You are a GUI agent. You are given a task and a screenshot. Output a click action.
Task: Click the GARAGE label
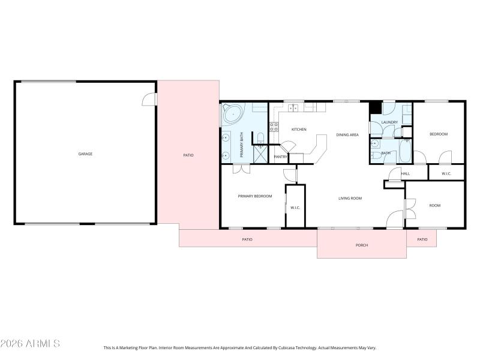click(85, 154)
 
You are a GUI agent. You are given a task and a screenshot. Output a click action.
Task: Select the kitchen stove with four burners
click(274, 127)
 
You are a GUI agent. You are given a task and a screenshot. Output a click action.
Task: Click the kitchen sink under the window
click(293, 108)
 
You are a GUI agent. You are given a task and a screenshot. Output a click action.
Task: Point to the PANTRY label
click(280, 157)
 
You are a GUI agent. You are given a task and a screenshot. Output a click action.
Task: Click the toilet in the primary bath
click(260, 139)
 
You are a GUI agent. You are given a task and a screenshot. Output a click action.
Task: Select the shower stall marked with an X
click(260, 154)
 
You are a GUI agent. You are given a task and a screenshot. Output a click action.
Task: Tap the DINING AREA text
click(347, 135)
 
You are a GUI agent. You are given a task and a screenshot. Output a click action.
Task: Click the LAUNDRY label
click(389, 122)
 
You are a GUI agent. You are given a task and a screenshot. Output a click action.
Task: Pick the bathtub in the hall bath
click(405, 151)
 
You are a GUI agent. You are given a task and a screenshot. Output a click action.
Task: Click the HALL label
click(406, 174)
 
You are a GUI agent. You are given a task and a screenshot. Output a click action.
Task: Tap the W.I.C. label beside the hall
click(446, 174)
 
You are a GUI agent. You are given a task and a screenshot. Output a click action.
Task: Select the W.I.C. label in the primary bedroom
click(295, 208)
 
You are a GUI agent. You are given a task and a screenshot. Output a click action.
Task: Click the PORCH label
click(362, 245)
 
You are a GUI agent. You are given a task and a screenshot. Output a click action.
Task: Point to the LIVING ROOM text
click(350, 198)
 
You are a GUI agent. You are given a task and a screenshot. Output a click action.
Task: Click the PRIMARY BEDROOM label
click(254, 196)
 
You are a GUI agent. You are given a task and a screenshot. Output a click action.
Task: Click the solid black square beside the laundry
click(375, 108)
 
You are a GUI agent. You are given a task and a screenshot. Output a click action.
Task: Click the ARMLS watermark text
click(30, 344)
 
